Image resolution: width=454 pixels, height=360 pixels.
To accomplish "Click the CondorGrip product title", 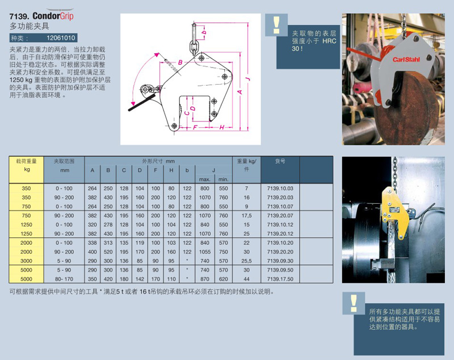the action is click(x=53, y=16).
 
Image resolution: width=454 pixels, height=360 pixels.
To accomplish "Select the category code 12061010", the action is click(x=61, y=38).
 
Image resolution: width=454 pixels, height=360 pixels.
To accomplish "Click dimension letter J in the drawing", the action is click(x=247, y=79).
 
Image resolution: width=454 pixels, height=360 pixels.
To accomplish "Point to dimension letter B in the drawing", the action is click(x=180, y=62).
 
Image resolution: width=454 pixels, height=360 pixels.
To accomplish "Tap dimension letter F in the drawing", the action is click(x=195, y=127).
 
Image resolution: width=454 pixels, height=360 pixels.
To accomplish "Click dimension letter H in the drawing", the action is click(x=222, y=127).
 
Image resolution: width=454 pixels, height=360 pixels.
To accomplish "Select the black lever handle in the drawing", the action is click(x=142, y=102).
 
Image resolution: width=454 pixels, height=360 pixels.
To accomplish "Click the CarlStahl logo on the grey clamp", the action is click(x=406, y=60).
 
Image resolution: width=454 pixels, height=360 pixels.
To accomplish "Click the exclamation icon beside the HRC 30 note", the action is click(x=276, y=25).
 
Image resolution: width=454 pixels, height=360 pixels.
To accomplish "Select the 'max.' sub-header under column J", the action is click(x=205, y=179).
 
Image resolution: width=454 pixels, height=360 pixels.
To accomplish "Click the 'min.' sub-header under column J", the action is click(x=224, y=179).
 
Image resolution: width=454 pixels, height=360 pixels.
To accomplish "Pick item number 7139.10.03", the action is click(x=280, y=189).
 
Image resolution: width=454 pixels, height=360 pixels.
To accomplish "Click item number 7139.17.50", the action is click(x=280, y=279).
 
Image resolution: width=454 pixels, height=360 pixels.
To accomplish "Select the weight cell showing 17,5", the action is click(x=246, y=216).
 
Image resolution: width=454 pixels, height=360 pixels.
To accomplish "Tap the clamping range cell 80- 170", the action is click(x=64, y=279).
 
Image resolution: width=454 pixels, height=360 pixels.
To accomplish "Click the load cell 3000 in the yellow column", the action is click(x=26, y=261).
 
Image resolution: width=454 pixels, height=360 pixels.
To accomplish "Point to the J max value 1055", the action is click(x=205, y=252).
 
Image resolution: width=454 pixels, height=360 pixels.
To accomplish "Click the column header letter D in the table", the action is click(x=140, y=170).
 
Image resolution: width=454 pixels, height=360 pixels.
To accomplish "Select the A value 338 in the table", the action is click(x=93, y=243).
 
